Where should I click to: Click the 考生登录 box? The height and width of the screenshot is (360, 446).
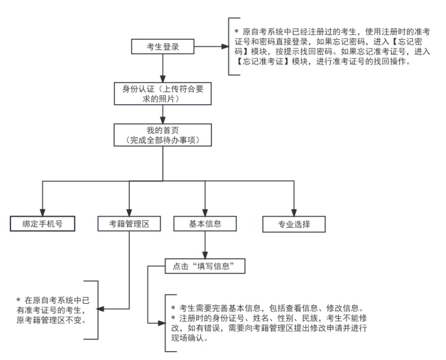click(163, 47)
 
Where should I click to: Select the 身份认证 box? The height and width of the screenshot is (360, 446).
click(163, 93)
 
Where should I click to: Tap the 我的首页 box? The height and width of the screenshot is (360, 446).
click(163, 135)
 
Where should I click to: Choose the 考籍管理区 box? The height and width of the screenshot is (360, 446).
click(128, 224)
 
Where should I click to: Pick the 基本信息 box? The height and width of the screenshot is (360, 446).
click(205, 224)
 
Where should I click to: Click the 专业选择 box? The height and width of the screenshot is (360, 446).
click(293, 224)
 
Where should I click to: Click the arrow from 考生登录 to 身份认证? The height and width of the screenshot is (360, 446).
click(163, 69)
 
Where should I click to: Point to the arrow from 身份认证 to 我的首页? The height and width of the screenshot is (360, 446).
click(163, 113)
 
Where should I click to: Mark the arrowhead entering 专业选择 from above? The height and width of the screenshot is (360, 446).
click(293, 211)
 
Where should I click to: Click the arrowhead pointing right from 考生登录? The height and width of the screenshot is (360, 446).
click(224, 47)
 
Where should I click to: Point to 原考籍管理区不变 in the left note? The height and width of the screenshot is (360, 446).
click(51, 319)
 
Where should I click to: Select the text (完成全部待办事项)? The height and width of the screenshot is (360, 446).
click(163, 140)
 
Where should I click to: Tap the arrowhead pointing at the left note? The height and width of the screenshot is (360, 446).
click(101, 309)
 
